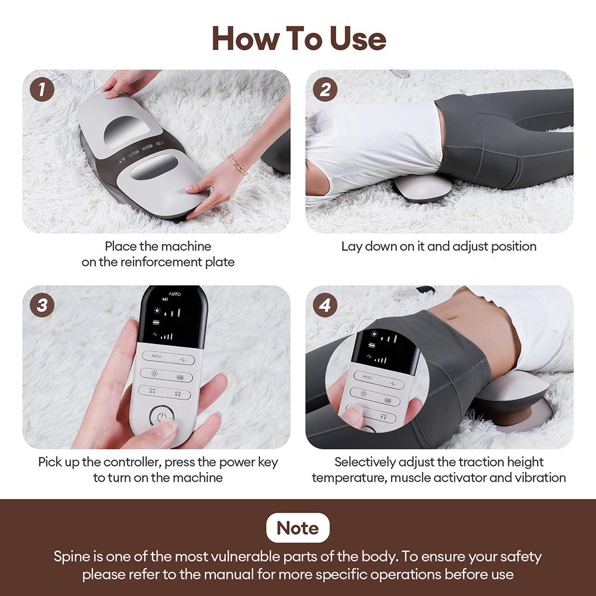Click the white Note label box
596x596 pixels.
click(297, 528)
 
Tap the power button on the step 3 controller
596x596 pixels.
click(160, 416)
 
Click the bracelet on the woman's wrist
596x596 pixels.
click(238, 164)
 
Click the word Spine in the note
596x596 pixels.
click(72, 557)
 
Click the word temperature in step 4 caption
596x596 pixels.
click(349, 477)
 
